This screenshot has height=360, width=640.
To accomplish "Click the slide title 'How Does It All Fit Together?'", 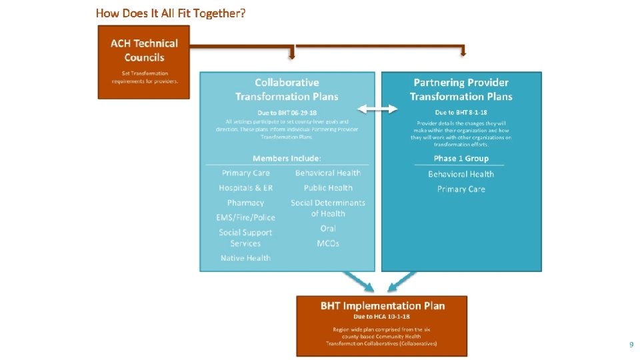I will point(171,13).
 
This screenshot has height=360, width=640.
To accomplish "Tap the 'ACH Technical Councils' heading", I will point(144,50).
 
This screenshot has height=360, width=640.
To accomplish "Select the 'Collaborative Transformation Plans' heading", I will point(287,89).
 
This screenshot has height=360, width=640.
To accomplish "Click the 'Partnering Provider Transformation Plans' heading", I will point(461,89).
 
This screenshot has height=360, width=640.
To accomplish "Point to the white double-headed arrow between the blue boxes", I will point(378,109).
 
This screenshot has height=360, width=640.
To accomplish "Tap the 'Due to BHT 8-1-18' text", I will point(461,113).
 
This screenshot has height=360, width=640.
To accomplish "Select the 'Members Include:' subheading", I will point(287,158).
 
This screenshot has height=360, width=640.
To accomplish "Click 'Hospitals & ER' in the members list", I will point(245,188).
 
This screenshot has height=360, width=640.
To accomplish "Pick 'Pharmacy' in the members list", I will point(245,203).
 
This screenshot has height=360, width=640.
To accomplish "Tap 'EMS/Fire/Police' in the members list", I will point(245,217).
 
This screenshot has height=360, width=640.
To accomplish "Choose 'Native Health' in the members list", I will point(245,258).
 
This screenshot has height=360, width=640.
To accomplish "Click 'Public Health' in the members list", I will point(328,188).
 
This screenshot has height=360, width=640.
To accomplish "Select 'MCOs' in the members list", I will point(328,243).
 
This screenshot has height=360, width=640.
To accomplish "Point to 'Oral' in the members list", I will point(328,229).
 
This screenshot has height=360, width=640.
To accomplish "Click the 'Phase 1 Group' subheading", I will point(461,159).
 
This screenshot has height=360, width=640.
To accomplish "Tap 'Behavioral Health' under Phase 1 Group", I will point(461,174).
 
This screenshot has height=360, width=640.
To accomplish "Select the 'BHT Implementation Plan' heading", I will point(383,306).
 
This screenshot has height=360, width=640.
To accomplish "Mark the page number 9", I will point(631,345).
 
